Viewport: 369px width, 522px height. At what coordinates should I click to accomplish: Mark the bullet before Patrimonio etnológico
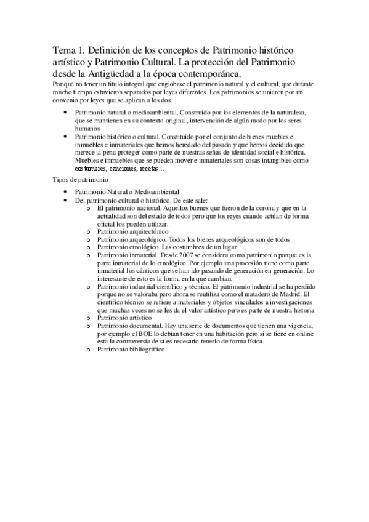pos(89,247)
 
